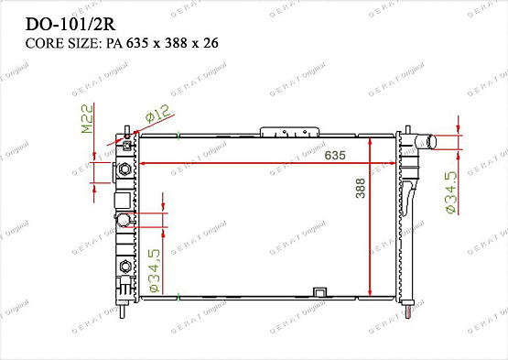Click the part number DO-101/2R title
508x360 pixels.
[70, 24]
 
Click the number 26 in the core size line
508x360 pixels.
[211, 43]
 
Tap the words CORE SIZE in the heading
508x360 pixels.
[61, 43]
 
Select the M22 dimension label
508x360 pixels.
[87, 119]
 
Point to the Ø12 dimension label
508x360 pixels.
[157, 114]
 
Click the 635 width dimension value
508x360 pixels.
[335, 155]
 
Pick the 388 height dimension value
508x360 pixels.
[360, 188]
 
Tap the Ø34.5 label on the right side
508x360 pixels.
[451, 192]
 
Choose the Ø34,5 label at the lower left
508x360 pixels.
[155, 270]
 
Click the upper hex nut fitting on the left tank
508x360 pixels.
[124, 169]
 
